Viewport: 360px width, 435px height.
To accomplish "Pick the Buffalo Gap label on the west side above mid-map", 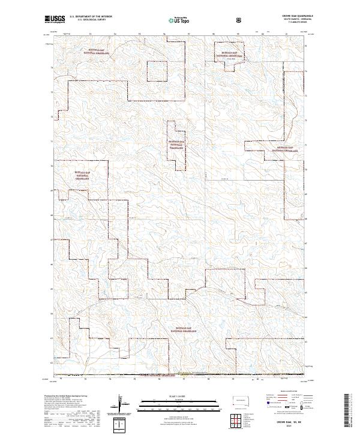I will click(x=84, y=175).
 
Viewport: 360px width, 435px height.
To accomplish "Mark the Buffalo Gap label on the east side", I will click(x=286, y=148).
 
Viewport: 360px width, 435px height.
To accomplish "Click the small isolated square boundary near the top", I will click(x=157, y=71).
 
